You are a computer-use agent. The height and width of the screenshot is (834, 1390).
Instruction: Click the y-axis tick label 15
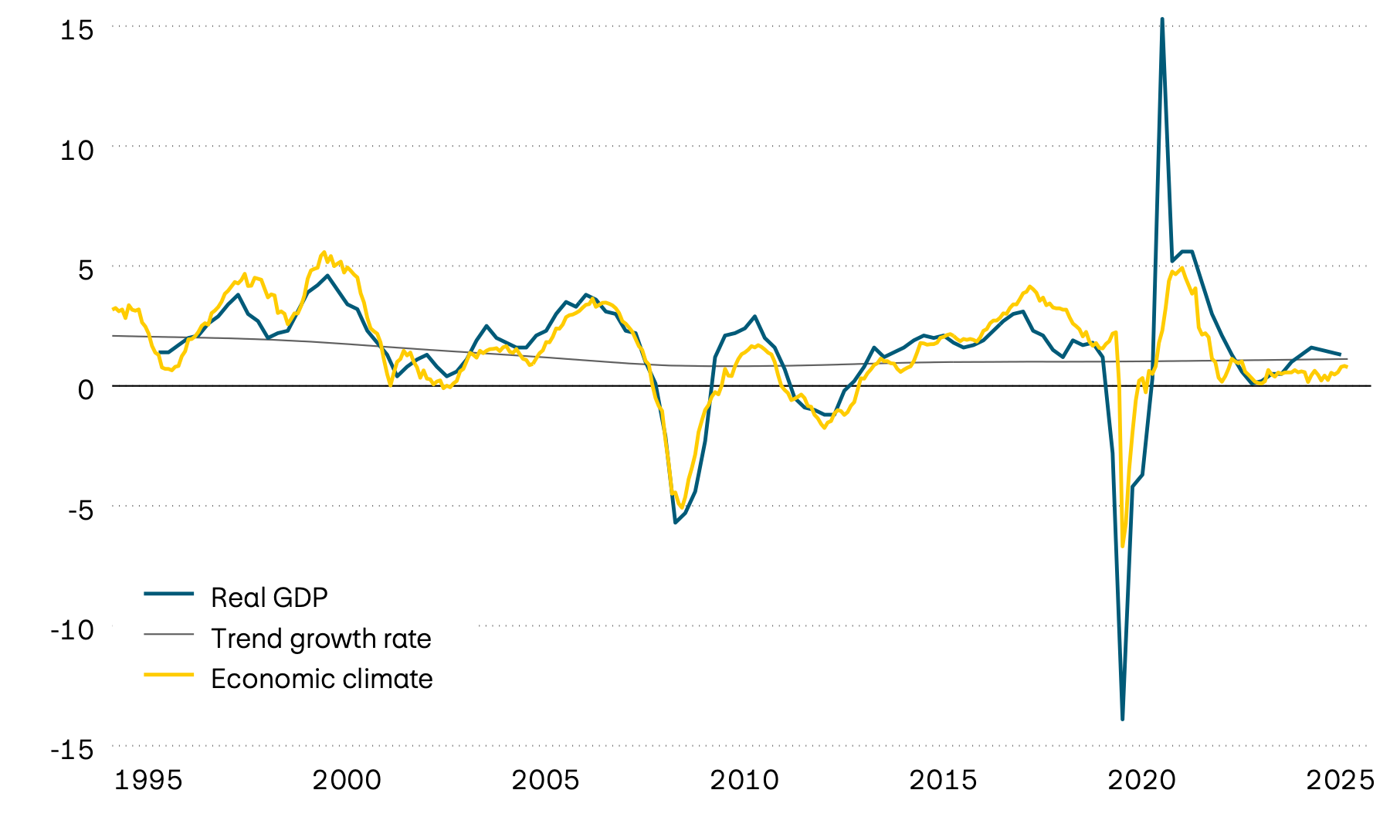77,30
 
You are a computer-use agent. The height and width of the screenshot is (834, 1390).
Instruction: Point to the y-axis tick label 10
77,150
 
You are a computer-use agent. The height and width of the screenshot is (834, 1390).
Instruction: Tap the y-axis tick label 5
85,270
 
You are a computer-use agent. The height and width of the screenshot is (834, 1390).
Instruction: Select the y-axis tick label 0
85,389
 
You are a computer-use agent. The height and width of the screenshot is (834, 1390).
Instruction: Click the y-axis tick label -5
76,510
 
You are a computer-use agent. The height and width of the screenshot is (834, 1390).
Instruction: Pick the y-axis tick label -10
72,630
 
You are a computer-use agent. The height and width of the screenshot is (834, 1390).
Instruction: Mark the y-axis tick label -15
72,750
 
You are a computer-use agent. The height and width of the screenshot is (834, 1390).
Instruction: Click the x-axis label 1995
148,781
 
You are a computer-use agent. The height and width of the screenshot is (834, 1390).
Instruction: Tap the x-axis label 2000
347,781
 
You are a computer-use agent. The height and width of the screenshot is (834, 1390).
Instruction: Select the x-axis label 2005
545,781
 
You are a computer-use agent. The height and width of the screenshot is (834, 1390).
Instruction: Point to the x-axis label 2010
744,781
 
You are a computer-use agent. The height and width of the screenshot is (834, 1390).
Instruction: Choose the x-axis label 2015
943,781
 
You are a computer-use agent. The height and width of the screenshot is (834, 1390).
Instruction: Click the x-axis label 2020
1141,781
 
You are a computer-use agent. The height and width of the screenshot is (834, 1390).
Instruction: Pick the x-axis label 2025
1340,781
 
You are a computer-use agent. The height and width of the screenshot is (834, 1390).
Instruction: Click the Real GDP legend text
270,598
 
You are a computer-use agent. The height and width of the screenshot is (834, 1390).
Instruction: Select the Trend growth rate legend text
321,639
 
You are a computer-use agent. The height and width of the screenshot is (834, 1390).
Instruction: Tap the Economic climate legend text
322,679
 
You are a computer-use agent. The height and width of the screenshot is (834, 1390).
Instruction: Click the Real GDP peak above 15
1162,19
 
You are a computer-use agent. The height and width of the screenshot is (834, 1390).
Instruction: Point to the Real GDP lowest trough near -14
1122,719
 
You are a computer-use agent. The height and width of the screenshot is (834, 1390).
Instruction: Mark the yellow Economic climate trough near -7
1123,545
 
